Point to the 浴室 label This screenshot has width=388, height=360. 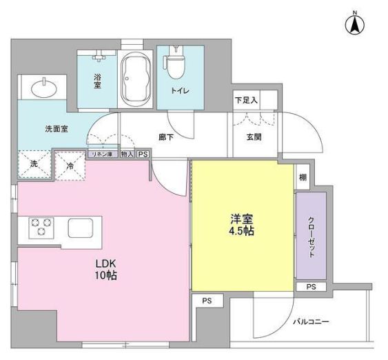(x=98, y=81)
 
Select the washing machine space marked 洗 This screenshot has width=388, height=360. (x=33, y=165)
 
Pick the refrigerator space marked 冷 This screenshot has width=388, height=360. (x=70, y=165)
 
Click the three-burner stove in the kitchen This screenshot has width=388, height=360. (x=41, y=228)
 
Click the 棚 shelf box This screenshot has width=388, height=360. (x=303, y=178)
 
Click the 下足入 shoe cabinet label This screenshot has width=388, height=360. (x=245, y=101)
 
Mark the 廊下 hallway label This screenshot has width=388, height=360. (x=166, y=137)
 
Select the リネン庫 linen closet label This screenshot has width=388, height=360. (x=102, y=154)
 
